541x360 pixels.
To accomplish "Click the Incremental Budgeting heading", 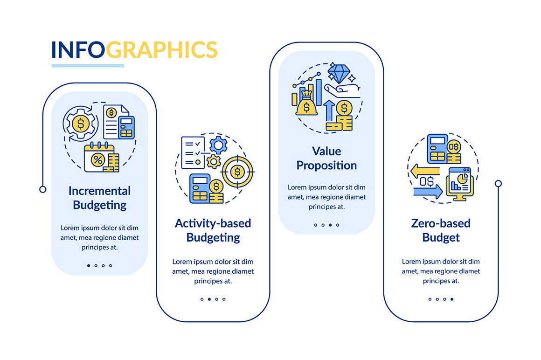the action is (100, 198).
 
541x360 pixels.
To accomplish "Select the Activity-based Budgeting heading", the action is (213, 230).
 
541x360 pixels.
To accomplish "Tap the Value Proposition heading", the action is (326, 158).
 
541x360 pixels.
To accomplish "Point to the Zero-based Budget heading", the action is (441, 230).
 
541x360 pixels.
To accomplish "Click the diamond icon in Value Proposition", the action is (339, 74).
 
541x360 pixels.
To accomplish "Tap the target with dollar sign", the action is (237, 172).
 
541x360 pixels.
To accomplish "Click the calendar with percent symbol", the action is (99, 157).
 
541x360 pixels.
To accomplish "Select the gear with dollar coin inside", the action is (80, 124).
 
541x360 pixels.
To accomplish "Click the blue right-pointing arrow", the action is (428, 191).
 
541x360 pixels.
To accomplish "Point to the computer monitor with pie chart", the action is (459, 184).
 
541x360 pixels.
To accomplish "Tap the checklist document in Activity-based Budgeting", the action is (193, 152).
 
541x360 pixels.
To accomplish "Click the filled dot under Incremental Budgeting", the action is (89, 265).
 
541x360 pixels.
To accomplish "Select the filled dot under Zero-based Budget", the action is (452, 299).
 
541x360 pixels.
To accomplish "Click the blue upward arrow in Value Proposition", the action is (329, 111).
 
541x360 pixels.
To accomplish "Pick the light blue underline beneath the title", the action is (88, 65).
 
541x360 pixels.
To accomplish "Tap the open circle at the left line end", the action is (43, 189).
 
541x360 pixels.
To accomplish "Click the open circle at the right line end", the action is (498, 183).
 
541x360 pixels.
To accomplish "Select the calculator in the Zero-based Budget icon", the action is (437, 149).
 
